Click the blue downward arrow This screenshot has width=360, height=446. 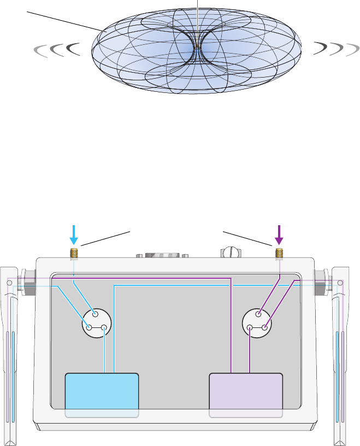coord(74,234)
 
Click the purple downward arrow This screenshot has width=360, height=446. coord(279,234)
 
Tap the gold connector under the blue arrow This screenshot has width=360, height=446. coord(74,253)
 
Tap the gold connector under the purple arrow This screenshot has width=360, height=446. coord(279,253)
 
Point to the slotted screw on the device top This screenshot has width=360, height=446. coord(231,253)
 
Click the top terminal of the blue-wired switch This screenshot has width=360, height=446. coord(96,314)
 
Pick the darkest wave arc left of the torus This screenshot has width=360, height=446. coord(72,50)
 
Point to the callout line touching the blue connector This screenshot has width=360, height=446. coord(107,239)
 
